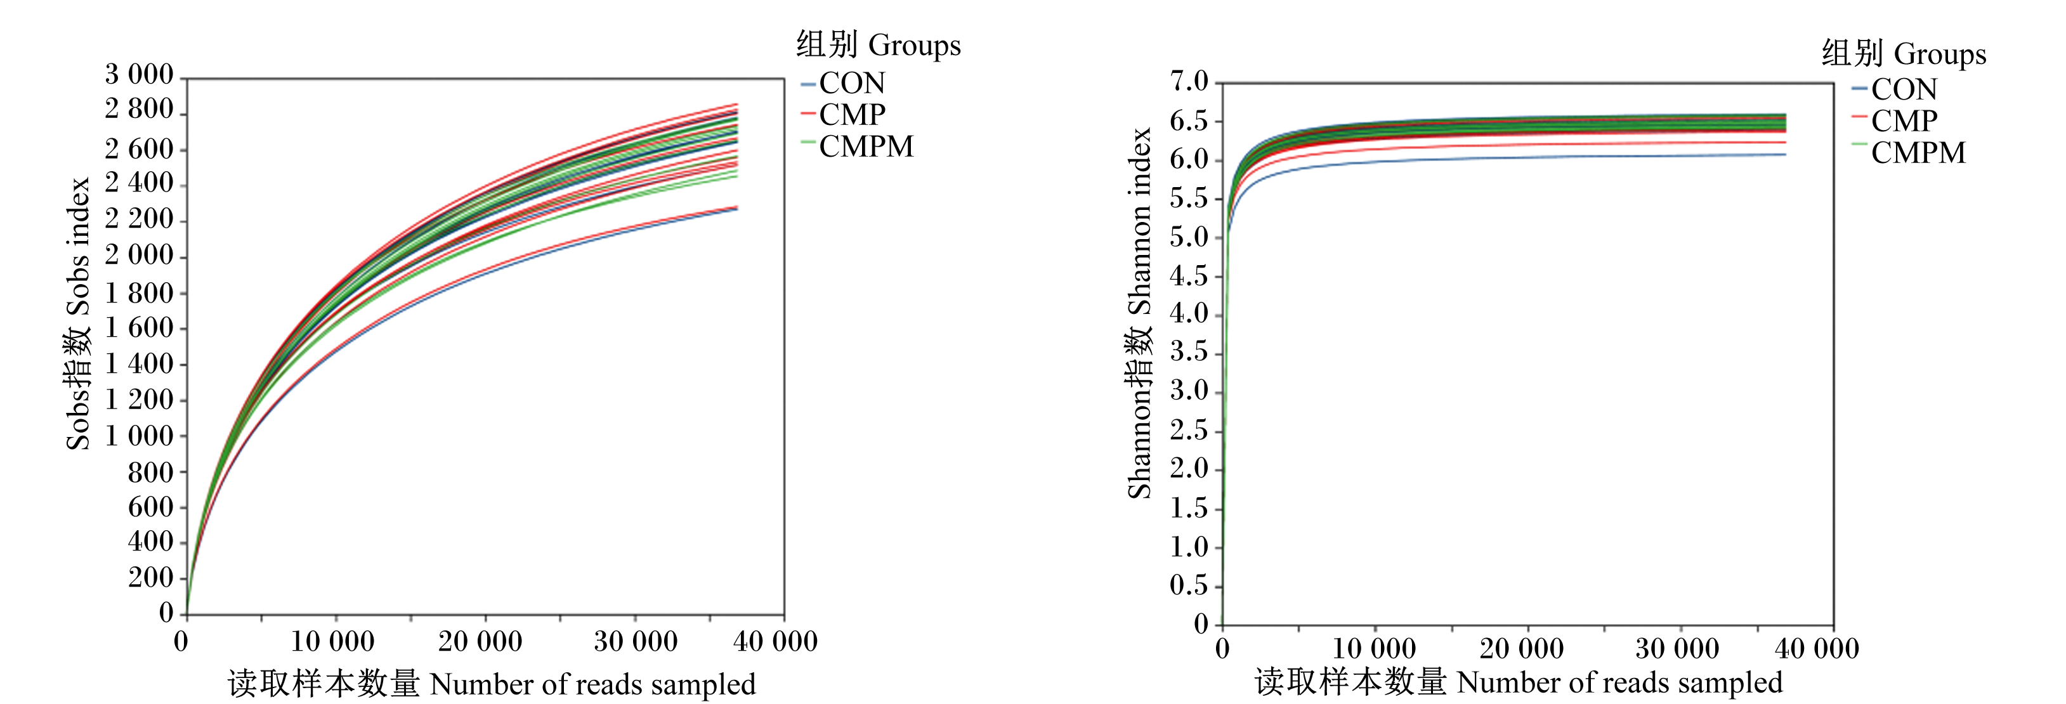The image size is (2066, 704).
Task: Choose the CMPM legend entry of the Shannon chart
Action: [1909, 152]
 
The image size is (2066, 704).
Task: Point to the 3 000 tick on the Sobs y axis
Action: [140, 75]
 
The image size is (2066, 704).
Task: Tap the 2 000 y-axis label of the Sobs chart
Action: [140, 255]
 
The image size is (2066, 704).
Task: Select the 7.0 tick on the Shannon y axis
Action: [1189, 81]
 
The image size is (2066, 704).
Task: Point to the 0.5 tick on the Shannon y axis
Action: [1189, 585]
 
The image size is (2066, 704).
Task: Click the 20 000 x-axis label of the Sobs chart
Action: [480, 641]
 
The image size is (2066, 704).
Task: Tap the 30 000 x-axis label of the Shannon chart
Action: [1677, 648]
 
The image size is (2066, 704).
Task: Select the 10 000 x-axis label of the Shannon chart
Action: [1374, 648]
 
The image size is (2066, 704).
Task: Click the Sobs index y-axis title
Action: [78, 313]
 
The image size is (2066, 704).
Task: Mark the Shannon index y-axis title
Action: [1140, 313]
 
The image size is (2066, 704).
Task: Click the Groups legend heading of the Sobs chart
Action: [878, 45]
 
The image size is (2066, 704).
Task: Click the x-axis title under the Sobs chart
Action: [492, 684]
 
